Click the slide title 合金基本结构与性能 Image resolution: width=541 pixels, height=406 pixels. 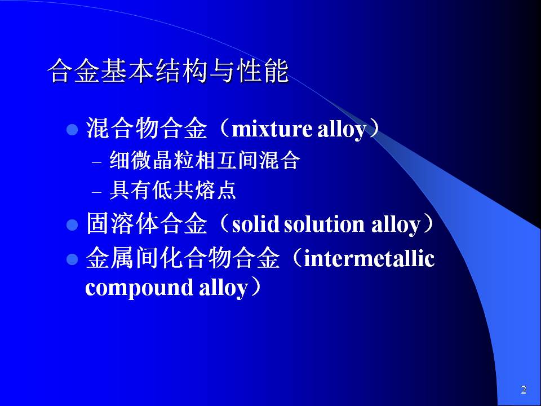point(168,72)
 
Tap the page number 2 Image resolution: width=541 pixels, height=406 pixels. point(524,390)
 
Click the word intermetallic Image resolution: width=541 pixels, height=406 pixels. point(369,259)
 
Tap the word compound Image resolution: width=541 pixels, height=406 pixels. point(139,288)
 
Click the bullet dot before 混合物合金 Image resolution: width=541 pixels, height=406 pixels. point(72,130)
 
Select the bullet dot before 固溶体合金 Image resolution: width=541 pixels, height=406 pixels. point(72,225)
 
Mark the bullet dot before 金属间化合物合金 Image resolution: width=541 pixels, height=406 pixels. point(72,259)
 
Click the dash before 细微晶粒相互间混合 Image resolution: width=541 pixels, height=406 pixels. point(97,162)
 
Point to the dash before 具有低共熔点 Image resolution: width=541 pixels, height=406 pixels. point(97,191)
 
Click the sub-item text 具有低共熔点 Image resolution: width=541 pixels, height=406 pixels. point(172,190)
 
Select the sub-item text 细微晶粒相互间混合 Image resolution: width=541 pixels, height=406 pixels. point(205,161)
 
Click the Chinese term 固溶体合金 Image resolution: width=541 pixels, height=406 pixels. point(147,224)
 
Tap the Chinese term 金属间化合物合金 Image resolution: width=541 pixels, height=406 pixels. point(183,258)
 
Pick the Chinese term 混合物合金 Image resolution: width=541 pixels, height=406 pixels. point(147,129)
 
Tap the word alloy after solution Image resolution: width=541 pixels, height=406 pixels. point(396,225)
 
